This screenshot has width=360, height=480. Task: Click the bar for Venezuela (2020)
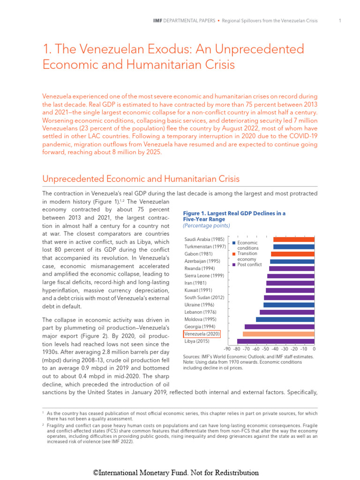pyautogui.click(x=278, y=334)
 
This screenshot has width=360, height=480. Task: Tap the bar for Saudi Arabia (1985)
pyautogui.click(x=293, y=240)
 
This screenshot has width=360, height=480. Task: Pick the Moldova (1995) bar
pyautogui.click(x=285, y=319)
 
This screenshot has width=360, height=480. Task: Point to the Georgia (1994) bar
pyautogui.click(x=279, y=326)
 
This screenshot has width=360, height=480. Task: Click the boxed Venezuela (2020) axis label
pyautogui.click(x=201, y=334)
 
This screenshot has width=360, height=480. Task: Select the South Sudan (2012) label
pyautogui.click(x=204, y=298)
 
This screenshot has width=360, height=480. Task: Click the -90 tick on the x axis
pyautogui.click(x=227, y=349)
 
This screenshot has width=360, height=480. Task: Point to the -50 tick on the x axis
pyautogui.click(x=266, y=349)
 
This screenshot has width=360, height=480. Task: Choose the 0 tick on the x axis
pyautogui.click(x=314, y=349)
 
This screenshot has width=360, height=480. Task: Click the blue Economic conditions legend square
pyautogui.click(x=234, y=243)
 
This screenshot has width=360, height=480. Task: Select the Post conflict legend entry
pyautogui.click(x=249, y=265)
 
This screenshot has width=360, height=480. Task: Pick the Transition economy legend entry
pyautogui.click(x=247, y=256)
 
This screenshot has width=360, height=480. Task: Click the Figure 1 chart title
pyautogui.click(x=234, y=216)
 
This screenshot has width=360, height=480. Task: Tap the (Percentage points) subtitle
pyautogui.click(x=206, y=225)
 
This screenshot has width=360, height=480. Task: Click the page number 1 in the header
pyautogui.click(x=338, y=21)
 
